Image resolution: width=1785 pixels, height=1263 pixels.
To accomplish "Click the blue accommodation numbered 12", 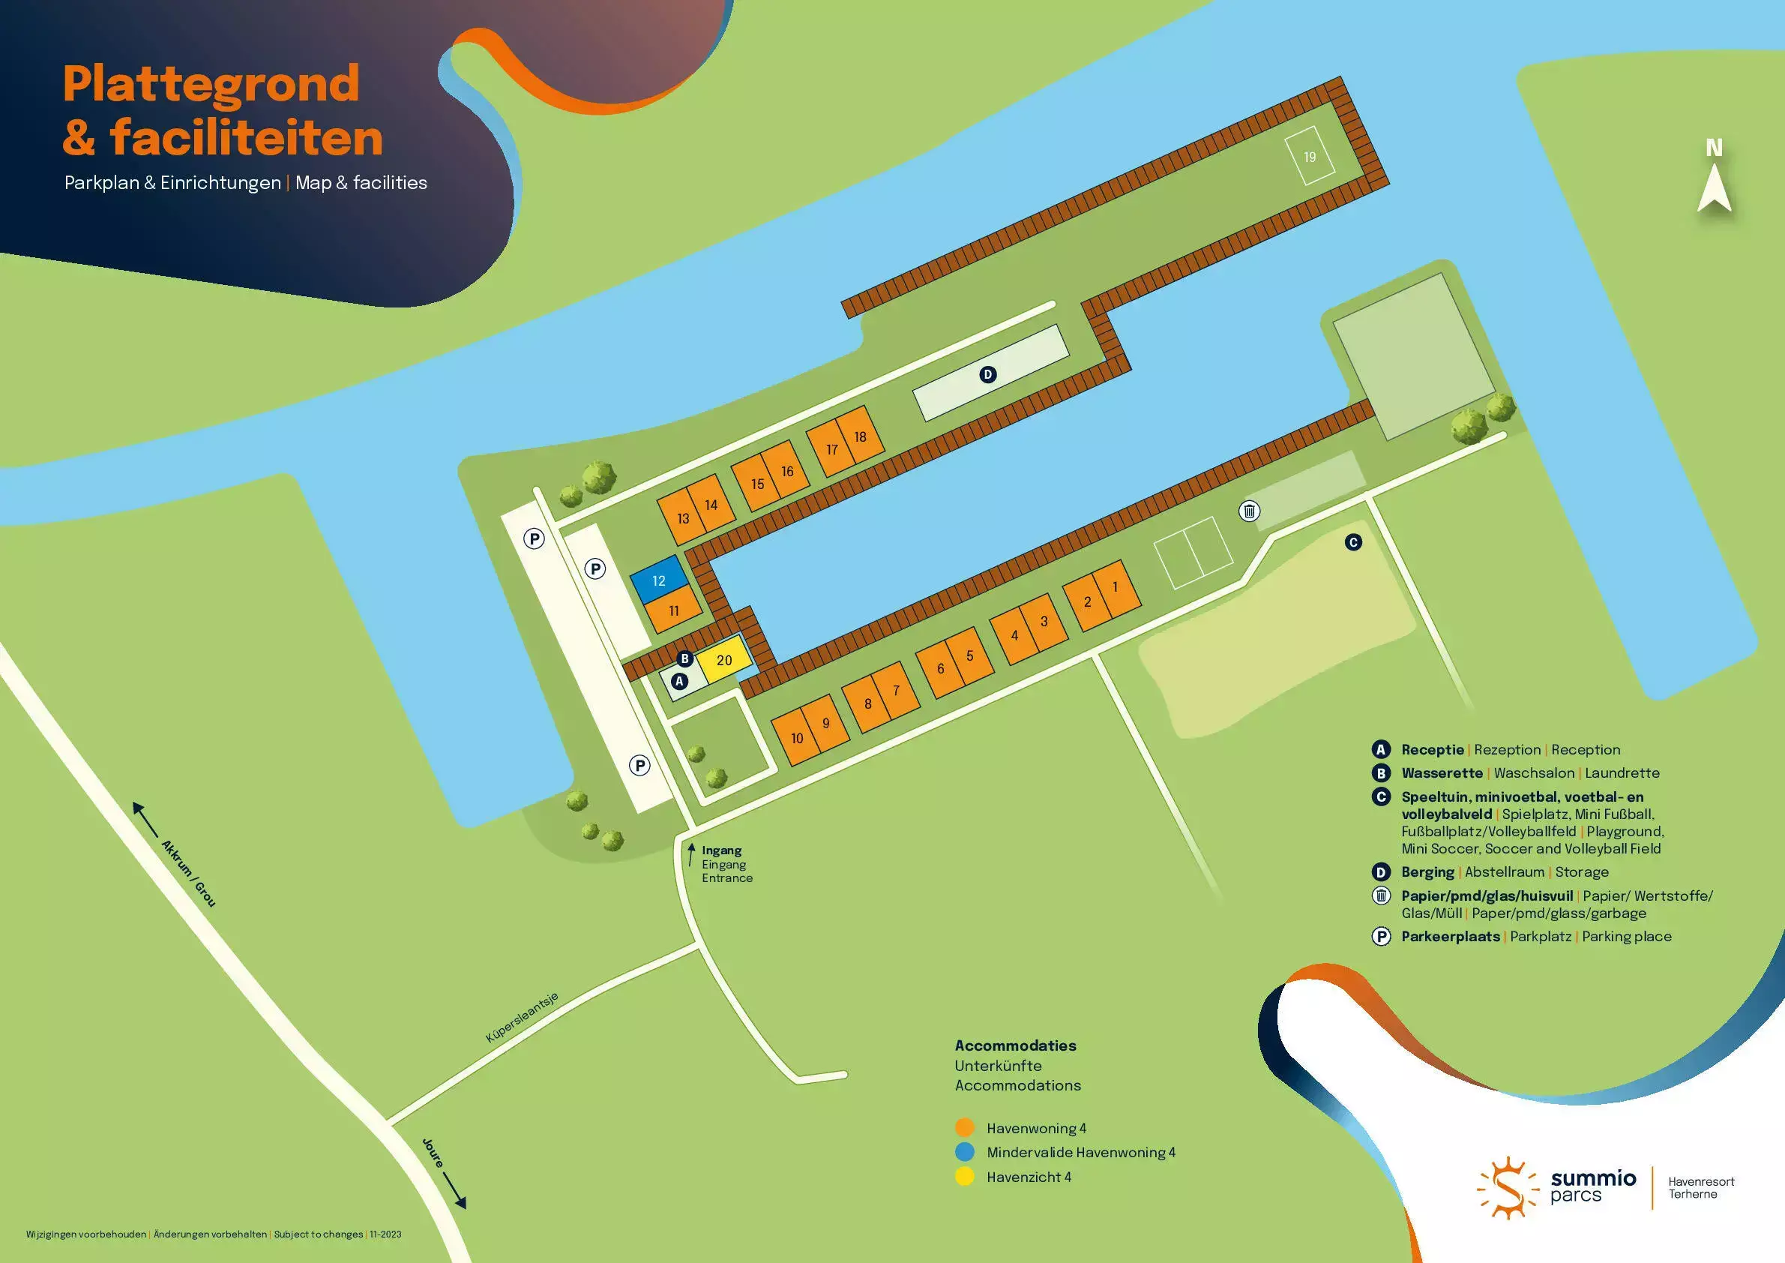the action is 658,580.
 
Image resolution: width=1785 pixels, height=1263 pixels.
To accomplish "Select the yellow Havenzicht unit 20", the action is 723,660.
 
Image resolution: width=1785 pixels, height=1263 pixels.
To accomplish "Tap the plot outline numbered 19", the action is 1310,156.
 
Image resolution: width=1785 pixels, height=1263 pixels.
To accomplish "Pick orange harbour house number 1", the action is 1116,588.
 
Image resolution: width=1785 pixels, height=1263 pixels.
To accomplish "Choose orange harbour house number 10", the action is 795,738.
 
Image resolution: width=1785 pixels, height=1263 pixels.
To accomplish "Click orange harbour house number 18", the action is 861,437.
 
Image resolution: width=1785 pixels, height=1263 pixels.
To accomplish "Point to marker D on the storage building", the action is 987,375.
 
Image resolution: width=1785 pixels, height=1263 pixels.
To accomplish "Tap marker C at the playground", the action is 1352,542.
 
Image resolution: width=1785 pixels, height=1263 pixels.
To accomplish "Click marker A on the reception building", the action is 679,681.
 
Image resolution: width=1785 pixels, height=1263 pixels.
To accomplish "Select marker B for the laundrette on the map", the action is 684,658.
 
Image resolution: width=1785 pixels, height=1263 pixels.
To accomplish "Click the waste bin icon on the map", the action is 1248,511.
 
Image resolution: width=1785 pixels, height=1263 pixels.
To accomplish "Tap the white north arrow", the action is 1714,192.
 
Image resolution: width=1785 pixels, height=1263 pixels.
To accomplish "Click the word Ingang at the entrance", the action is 721,850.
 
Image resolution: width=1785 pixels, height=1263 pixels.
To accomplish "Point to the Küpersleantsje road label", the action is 522,1017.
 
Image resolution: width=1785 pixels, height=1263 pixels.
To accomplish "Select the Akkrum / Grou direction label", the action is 188,872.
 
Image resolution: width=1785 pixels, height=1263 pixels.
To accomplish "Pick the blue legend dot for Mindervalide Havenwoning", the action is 964,1152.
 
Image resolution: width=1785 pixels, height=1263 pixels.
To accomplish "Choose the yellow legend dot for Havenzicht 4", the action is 964,1177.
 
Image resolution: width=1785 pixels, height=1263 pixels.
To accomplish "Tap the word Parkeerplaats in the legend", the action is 1450,936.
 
